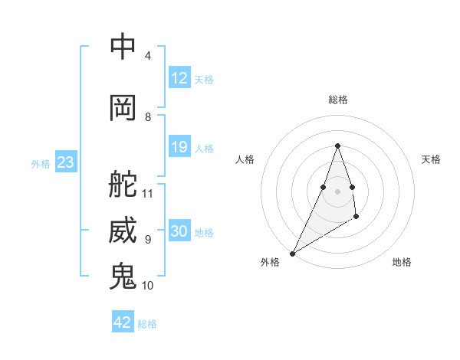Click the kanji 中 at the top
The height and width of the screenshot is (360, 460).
[x=123, y=47]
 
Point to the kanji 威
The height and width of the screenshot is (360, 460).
[x=123, y=231]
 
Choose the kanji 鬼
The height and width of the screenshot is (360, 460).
[x=123, y=277]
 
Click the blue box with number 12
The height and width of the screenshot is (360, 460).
[x=179, y=78]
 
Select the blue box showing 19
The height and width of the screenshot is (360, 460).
[x=179, y=147]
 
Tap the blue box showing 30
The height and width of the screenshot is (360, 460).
[x=179, y=231]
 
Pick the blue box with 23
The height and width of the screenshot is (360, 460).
[x=65, y=162]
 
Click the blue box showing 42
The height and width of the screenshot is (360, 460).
[x=123, y=322]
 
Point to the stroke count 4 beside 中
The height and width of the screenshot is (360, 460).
[x=148, y=56]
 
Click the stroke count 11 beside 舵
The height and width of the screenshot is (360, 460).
[x=148, y=194]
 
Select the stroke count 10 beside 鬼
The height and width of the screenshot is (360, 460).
[x=148, y=286]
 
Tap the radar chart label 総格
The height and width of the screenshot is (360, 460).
[x=338, y=100]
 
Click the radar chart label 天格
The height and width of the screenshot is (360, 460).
[x=431, y=159]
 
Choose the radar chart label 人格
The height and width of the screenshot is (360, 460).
[x=245, y=159]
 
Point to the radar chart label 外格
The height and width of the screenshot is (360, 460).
[x=270, y=262]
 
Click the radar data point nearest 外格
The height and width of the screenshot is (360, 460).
[x=293, y=253]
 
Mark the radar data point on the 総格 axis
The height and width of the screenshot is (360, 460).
[x=338, y=146]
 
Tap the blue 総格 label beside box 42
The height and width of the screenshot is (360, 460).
[x=147, y=324]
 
